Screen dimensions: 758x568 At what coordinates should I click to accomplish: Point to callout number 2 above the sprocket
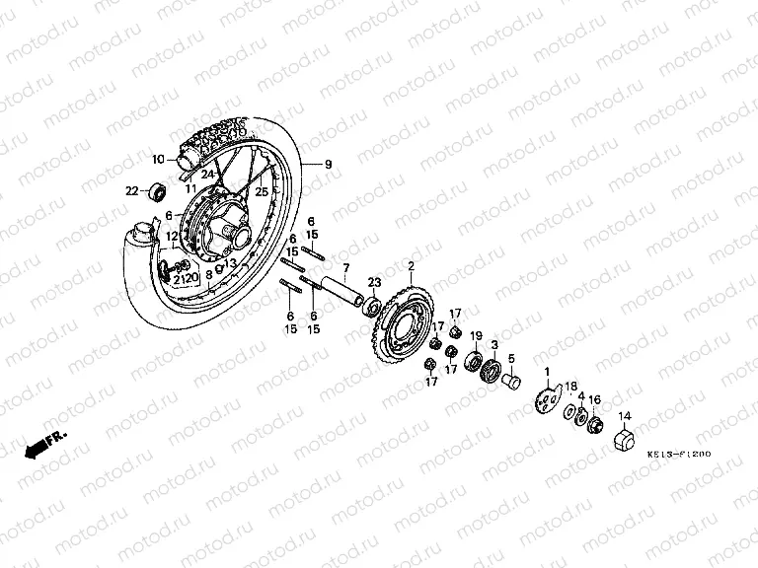tap(411, 265)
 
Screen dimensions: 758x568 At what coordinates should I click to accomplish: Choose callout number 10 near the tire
tap(156, 159)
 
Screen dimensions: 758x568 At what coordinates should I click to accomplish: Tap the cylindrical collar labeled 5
tap(511, 379)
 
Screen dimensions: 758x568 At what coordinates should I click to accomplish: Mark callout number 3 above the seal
tap(494, 343)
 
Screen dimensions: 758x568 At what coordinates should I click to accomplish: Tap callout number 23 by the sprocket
tap(374, 283)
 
